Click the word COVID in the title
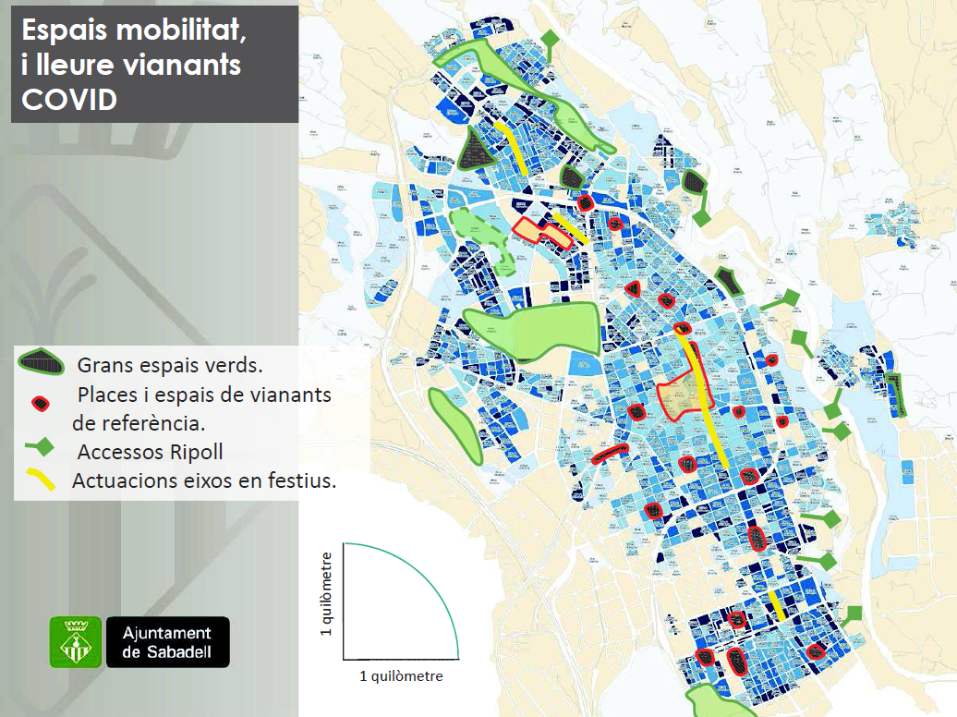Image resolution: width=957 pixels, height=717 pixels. (x=69, y=99)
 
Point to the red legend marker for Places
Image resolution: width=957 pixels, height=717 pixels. (x=40, y=403)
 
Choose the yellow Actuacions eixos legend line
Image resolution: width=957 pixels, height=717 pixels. (x=40, y=479)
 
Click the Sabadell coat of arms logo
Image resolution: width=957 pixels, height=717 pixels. (x=75, y=642)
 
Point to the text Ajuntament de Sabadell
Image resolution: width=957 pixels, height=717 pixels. (x=167, y=642)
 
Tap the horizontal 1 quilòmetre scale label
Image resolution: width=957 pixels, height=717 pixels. (x=401, y=676)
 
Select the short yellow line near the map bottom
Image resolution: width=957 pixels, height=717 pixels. (x=777, y=605)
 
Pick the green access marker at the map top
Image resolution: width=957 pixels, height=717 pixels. (x=551, y=41)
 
